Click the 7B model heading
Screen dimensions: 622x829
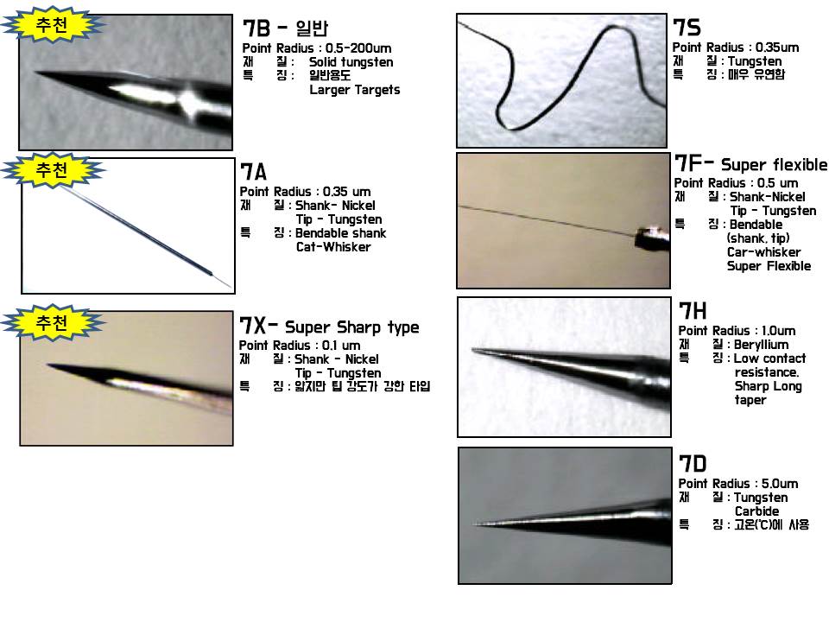pos(256,29)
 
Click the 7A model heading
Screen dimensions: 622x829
pos(254,172)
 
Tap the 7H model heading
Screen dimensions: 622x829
pos(693,311)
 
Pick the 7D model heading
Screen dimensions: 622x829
pos(693,464)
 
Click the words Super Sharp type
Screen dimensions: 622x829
pos(351,327)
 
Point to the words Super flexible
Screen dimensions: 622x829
pos(773,165)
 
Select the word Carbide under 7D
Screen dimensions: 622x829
pos(756,511)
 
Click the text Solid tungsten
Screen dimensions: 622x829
pos(351,62)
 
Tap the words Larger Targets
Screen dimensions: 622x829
pos(354,90)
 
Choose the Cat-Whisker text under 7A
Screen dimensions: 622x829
pos(332,247)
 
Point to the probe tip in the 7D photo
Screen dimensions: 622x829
pos(475,524)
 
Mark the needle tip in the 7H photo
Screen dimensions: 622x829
pos(473,350)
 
